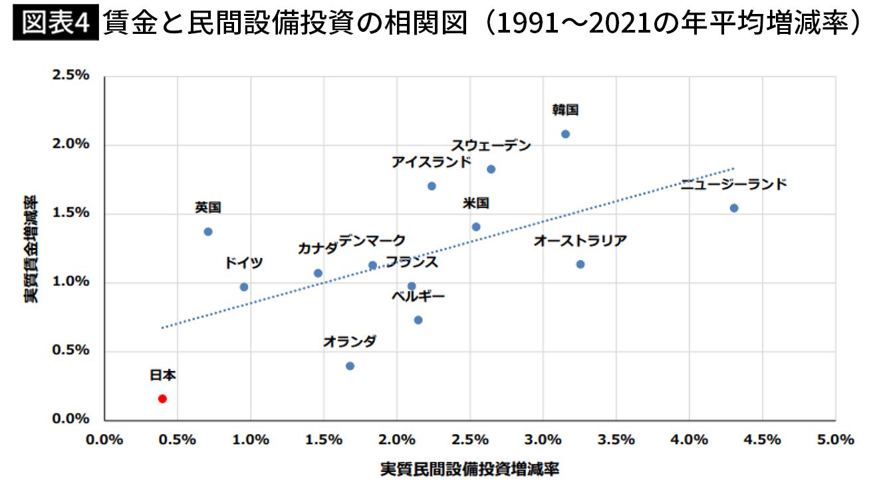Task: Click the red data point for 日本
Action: [162, 398]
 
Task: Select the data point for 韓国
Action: [565, 134]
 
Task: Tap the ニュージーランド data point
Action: [734, 208]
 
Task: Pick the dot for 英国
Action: [208, 231]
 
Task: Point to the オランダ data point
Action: [350, 366]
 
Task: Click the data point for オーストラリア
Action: [580, 264]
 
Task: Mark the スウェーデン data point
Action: [491, 169]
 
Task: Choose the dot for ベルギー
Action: [418, 320]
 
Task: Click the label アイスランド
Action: [431, 162]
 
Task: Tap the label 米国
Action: [476, 203]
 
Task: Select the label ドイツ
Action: [243, 263]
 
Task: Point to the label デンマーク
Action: [372, 241]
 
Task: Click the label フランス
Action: [412, 262]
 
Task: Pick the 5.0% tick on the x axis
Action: [835, 439]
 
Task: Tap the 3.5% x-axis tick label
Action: [616, 439]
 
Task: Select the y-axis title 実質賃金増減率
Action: [31, 248]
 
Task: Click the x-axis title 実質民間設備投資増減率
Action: [469, 469]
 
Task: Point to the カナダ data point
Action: [318, 273]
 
